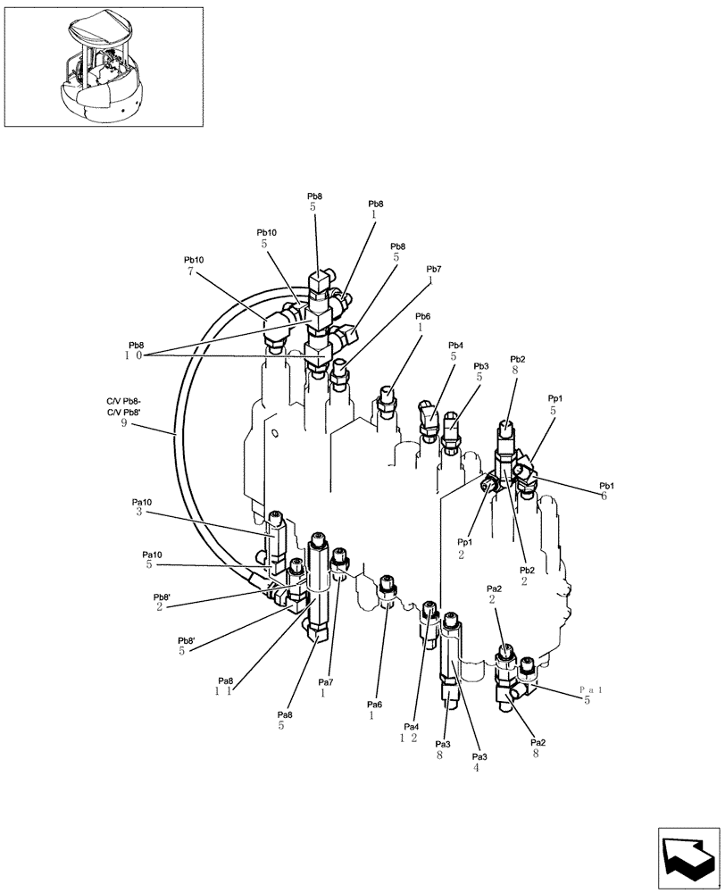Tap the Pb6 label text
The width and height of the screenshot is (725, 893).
[x=422, y=321]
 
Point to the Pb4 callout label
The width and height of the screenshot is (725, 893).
[x=455, y=351]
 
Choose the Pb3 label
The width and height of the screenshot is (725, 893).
[x=481, y=371]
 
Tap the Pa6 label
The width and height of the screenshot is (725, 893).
[x=373, y=710]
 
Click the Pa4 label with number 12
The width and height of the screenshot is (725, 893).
[x=410, y=731]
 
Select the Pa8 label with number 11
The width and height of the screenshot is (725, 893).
[x=222, y=685]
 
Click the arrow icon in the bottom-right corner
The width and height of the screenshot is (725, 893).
[x=687, y=856]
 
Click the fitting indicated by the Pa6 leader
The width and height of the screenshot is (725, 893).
[x=386, y=589]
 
